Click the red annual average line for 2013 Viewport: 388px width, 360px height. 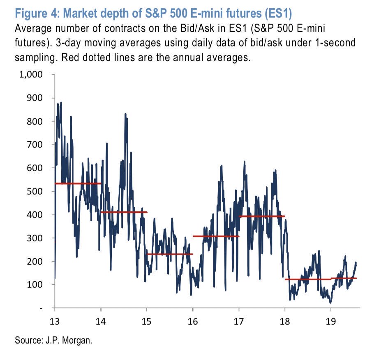click(78, 183)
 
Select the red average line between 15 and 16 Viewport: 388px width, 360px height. click(170, 254)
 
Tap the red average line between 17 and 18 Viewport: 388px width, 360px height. click(262, 216)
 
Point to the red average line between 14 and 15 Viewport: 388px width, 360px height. click(124, 212)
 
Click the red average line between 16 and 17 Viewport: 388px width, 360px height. click(216, 236)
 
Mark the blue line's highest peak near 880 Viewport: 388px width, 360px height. click(61, 103)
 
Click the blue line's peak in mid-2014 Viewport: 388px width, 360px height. click(125, 114)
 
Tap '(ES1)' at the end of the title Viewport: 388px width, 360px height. click(278, 14)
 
